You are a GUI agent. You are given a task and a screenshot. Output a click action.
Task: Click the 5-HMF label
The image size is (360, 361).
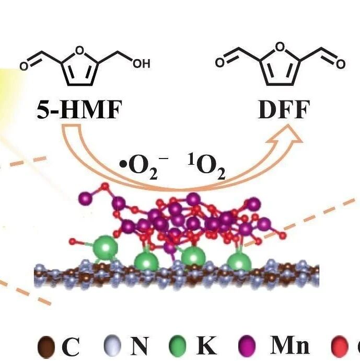[79, 110]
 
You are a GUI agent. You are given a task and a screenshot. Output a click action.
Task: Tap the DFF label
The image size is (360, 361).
[284, 109]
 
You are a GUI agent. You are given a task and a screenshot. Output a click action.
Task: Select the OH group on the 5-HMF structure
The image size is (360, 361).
[142, 63]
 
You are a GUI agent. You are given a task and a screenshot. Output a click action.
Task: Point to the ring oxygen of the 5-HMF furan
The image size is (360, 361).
[79, 50]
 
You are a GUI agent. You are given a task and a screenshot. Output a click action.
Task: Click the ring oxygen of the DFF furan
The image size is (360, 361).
[280, 47]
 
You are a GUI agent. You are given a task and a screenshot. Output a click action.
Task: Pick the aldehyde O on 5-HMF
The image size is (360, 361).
[24, 66]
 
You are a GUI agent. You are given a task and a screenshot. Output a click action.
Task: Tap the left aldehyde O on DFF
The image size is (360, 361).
[220, 63]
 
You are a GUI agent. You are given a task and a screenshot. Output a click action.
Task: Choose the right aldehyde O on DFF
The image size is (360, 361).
[341, 64]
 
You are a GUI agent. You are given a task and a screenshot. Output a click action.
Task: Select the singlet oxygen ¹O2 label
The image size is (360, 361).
[206, 167]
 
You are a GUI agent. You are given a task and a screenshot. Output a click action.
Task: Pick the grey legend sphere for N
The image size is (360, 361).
[112, 346]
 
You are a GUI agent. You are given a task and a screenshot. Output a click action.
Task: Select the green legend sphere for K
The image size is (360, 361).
[178, 346]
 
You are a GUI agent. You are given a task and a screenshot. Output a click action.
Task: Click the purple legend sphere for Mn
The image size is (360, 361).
[247, 346]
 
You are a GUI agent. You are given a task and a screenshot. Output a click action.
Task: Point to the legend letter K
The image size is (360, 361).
[207, 345]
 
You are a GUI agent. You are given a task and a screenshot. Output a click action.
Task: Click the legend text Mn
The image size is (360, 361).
[290, 345]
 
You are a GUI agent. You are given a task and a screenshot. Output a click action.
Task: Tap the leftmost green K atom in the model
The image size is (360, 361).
[106, 247]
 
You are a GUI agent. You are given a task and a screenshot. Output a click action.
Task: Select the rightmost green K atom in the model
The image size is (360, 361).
[239, 262]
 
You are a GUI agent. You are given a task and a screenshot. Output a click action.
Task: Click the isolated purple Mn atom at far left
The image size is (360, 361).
[84, 199]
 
